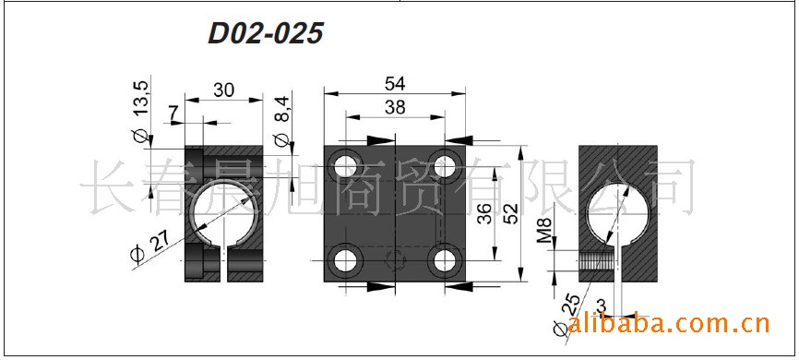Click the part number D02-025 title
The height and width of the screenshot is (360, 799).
[x=266, y=33]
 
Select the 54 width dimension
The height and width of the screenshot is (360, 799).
[x=395, y=83]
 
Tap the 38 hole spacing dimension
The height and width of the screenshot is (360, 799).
[x=395, y=107]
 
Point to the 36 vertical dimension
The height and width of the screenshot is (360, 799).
[x=484, y=213]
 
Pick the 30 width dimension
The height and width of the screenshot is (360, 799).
[x=223, y=90]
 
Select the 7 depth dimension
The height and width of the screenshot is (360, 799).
[x=174, y=113]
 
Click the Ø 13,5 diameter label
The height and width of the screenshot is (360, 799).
[x=140, y=111]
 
